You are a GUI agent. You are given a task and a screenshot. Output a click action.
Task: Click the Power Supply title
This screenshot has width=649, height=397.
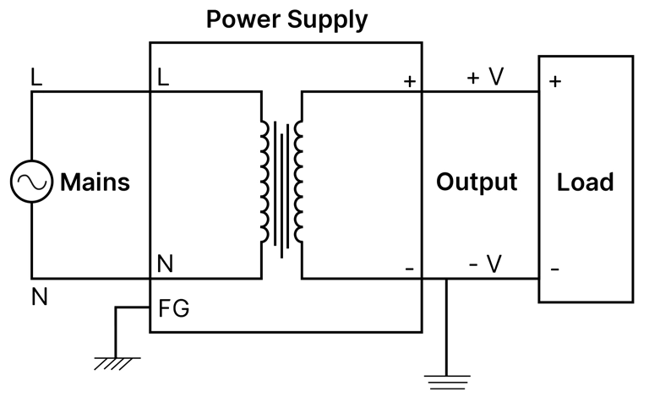pos(287,19)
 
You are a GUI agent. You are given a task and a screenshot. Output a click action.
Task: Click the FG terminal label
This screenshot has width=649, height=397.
pos(173,309)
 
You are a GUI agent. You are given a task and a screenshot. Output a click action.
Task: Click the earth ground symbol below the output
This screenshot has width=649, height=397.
pos(445,379)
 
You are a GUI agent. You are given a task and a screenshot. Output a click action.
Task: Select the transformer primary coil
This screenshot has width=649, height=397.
pos(265,182)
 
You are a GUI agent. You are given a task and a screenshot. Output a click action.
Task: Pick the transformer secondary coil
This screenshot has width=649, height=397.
pos(297,182)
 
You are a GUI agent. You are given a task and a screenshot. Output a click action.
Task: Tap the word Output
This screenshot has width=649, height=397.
pos(477,182)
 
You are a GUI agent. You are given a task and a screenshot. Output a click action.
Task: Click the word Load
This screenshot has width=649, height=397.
pos(586,182)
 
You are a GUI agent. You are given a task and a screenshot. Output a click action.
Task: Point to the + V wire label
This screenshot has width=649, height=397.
pos(485,77)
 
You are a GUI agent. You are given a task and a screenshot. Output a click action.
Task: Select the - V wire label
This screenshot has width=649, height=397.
pos(485,264)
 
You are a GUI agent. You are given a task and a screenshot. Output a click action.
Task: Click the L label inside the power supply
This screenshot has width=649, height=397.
pos(163,78)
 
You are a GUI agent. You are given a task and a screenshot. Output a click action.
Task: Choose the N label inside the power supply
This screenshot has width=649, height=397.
pos(166,264)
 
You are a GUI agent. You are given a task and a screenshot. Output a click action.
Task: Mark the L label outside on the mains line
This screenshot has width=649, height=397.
pos(35,77)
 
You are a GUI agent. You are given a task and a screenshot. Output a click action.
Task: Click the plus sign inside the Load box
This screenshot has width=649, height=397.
pos(554,82)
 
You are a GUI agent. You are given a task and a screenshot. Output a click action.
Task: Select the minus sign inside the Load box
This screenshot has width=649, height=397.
pos(554,269)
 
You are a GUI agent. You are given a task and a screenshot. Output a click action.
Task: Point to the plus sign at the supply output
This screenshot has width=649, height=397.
pos(410,82)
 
